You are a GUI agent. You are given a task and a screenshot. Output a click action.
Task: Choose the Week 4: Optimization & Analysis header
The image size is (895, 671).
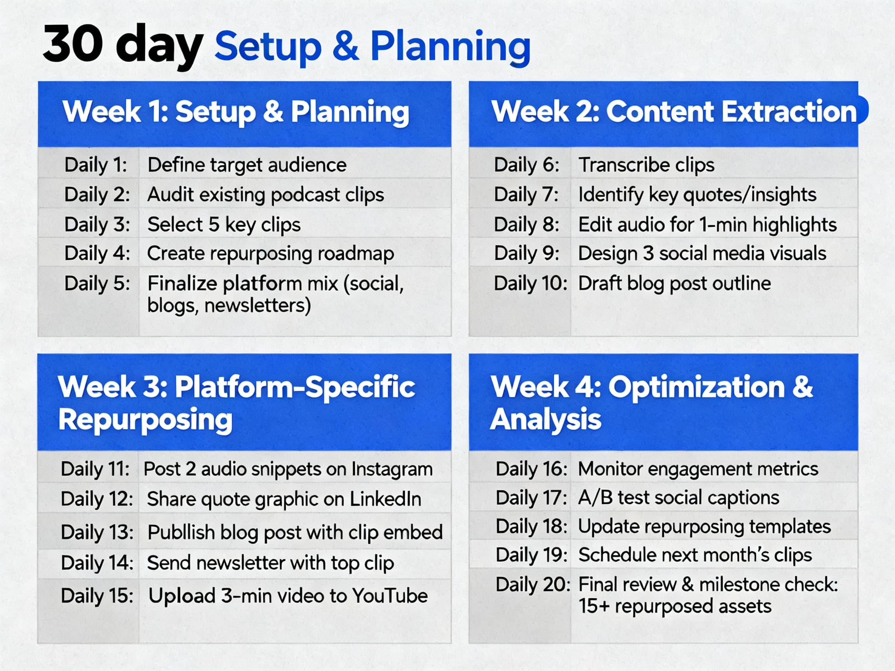pyautogui.click(x=651, y=402)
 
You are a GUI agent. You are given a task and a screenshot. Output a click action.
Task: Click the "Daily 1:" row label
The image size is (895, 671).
pyautogui.click(x=96, y=165)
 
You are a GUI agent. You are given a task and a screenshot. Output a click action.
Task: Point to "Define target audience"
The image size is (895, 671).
pyautogui.click(x=247, y=165)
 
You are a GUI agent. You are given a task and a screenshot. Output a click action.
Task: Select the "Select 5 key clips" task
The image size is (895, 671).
pyautogui.click(x=224, y=224)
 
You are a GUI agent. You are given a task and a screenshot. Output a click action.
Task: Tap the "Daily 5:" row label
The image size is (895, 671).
pyautogui.click(x=97, y=283)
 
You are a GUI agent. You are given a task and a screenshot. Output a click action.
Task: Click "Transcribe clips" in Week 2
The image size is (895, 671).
pyautogui.click(x=646, y=165)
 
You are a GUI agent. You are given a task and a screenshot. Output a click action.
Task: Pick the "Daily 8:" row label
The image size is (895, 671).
pyautogui.click(x=526, y=224)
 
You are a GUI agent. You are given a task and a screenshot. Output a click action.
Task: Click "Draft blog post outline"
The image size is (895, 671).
pyautogui.click(x=674, y=283)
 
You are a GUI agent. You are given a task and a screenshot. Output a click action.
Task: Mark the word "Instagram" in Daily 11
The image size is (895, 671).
pyautogui.click(x=392, y=469)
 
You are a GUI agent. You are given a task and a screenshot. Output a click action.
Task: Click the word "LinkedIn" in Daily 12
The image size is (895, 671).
pyautogui.click(x=385, y=499)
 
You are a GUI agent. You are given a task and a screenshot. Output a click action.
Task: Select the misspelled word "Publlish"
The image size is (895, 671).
pyautogui.click(x=181, y=532)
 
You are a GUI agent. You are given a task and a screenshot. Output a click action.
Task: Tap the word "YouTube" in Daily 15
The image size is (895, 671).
pyautogui.click(x=390, y=595)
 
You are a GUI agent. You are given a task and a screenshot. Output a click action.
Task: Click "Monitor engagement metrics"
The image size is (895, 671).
pyautogui.click(x=698, y=469)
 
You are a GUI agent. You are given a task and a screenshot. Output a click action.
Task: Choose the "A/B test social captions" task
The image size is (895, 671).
pyautogui.click(x=679, y=497)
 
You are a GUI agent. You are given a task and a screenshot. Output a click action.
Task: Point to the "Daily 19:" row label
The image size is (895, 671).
pyautogui.click(x=531, y=555)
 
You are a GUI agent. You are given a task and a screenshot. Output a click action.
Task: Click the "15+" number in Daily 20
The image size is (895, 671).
pyautogui.click(x=594, y=606)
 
